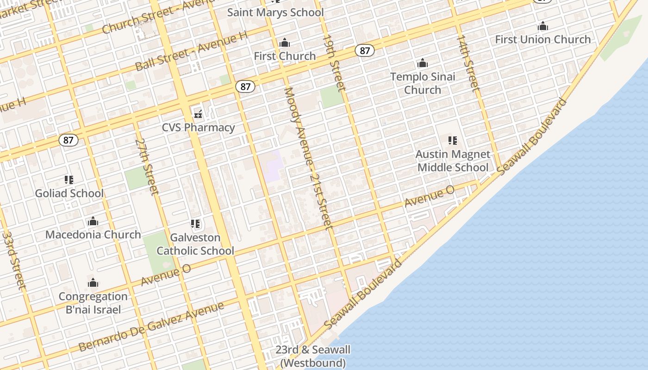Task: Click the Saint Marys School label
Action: (275, 12)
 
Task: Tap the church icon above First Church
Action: (285, 43)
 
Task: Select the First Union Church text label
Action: (543, 39)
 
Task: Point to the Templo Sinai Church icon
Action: (422, 63)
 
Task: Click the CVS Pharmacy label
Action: (198, 127)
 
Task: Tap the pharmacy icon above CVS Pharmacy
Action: (198, 113)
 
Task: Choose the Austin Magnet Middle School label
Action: (453, 160)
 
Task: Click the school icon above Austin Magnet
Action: (453, 140)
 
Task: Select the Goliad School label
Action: (69, 193)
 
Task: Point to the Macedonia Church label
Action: (93, 234)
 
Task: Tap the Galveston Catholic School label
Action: (195, 244)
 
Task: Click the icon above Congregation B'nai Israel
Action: (93, 283)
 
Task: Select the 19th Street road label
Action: (334, 62)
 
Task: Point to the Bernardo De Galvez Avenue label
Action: (151, 327)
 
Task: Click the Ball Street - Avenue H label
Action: (189, 51)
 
